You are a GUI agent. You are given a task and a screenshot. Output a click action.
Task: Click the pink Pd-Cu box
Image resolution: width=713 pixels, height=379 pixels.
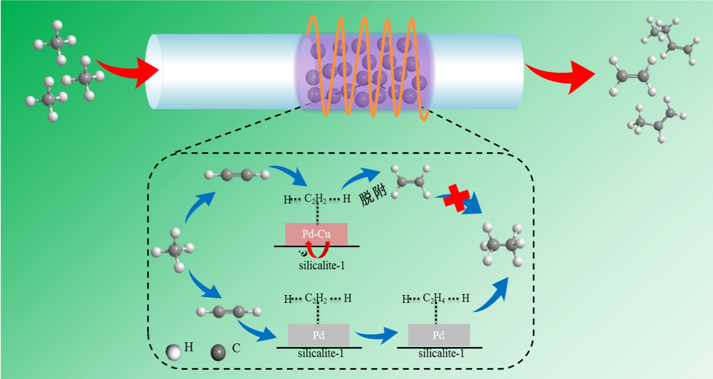(x=316, y=234)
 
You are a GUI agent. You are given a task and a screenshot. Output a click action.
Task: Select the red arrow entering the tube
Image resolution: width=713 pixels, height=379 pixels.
(x=129, y=71)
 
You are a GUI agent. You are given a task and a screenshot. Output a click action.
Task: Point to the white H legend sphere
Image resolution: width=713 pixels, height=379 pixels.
(x=173, y=352)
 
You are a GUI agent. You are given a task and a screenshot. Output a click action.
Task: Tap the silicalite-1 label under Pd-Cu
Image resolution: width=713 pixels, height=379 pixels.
(x=322, y=265)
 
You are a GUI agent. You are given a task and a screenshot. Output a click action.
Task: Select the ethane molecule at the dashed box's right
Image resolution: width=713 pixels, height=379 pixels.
(x=504, y=245)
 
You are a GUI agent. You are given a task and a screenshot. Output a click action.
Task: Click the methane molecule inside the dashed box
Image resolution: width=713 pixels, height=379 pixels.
(x=174, y=250)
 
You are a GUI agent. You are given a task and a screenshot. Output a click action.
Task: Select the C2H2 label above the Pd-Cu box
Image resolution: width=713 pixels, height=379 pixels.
(x=316, y=198)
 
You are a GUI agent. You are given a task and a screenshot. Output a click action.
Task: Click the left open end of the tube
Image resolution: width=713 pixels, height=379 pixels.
(x=154, y=71)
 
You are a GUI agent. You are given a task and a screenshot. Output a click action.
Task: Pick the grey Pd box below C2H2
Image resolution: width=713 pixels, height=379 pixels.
(x=319, y=334)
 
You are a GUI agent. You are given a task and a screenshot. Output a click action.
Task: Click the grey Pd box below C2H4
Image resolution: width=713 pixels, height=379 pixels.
(x=438, y=334)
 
